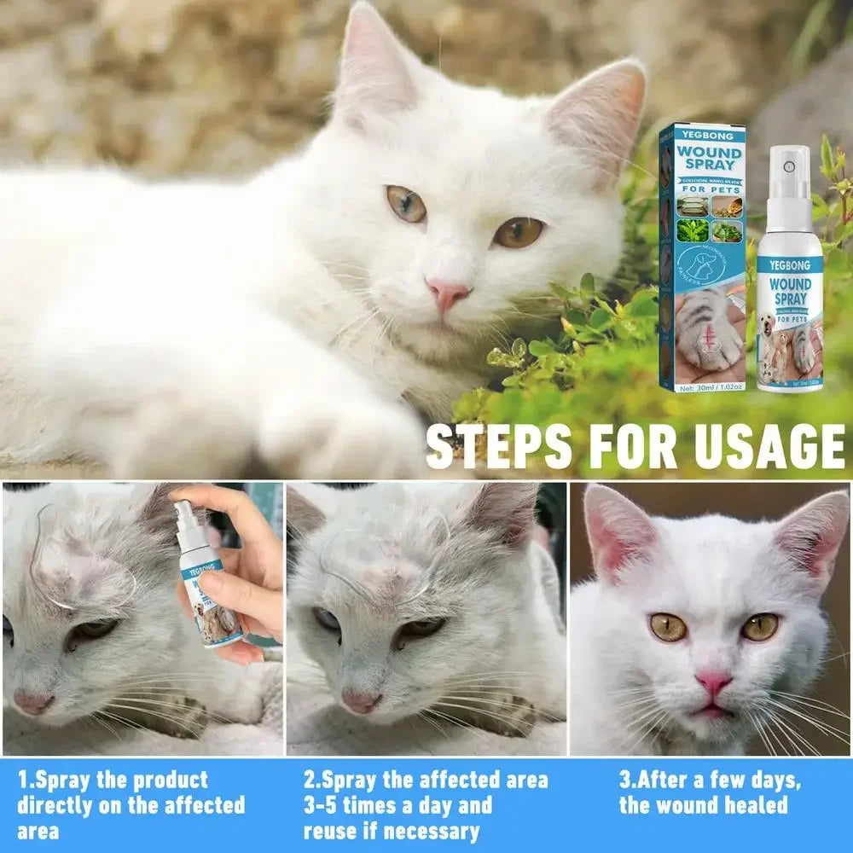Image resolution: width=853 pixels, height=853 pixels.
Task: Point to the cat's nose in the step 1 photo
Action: click(x=32, y=701)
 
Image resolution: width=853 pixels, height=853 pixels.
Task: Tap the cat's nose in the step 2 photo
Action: click(x=361, y=699)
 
